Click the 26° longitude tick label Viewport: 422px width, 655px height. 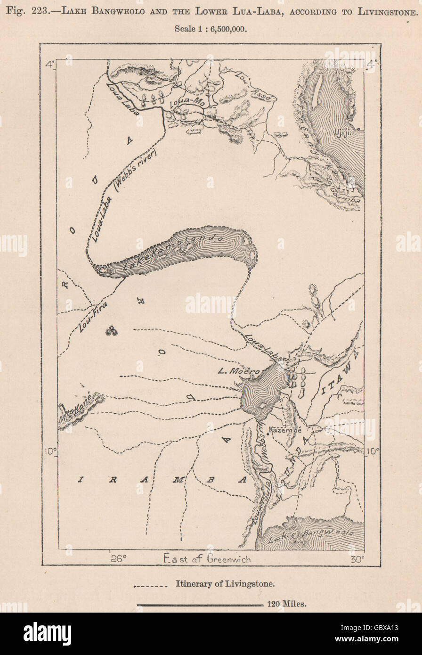coord(119,559)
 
